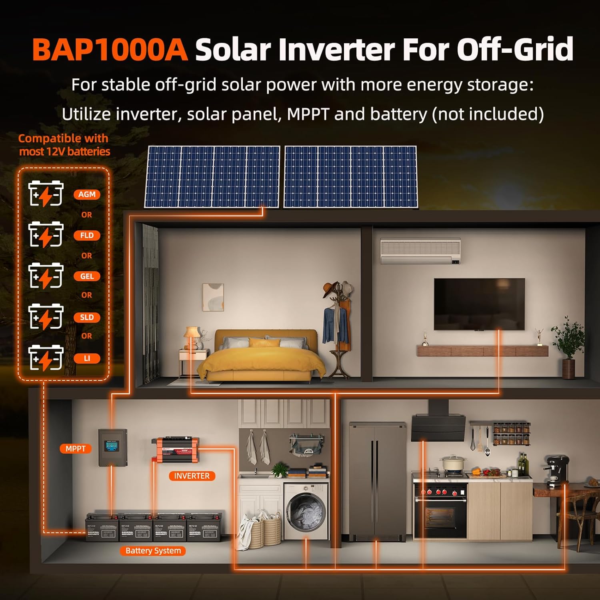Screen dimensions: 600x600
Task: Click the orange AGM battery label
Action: (x=87, y=194)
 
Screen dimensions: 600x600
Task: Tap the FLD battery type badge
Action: (x=87, y=235)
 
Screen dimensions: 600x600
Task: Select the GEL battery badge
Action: (x=87, y=276)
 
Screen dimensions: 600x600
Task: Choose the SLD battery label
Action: (x=87, y=317)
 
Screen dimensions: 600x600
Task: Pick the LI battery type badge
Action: (x=87, y=358)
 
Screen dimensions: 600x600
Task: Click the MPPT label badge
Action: (x=76, y=449)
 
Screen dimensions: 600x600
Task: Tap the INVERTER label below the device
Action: (x=192, y=476)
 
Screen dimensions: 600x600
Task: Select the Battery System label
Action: (x=153, y=551)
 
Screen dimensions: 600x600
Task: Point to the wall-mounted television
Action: (x=479, y=304)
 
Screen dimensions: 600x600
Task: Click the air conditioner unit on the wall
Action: (x=420, y=251)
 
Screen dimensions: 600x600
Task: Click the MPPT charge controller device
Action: (x=113, y=447)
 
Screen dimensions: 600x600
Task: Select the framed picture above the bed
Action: (x=213, y=297)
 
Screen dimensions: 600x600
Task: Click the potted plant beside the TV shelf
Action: (x=568, y=344)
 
